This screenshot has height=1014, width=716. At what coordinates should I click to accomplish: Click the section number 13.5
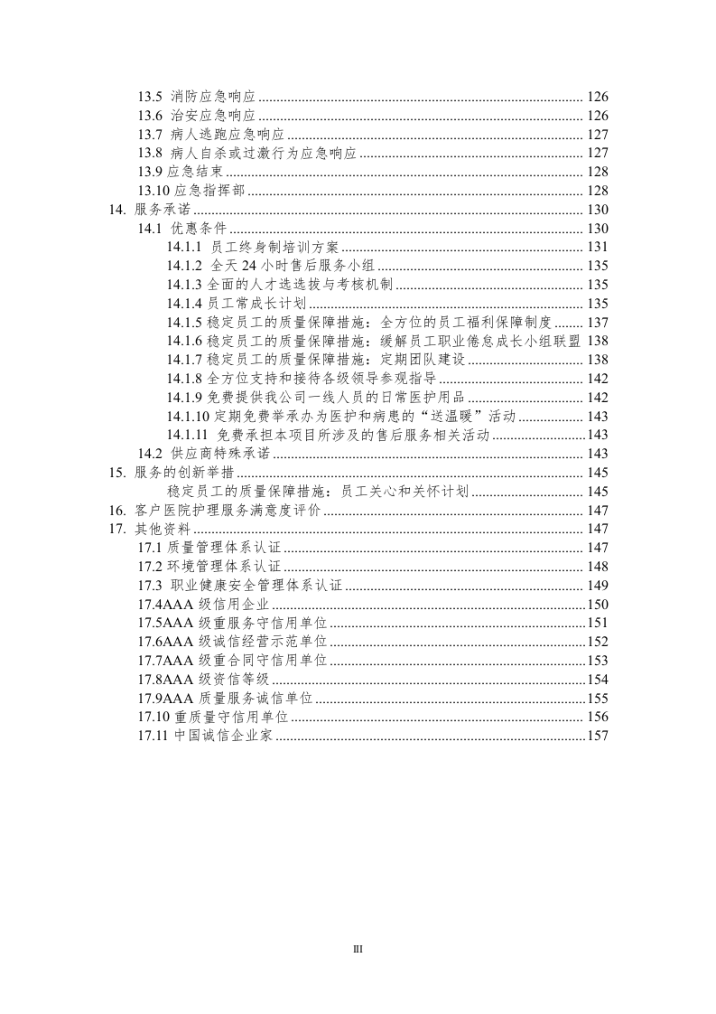[150, 97]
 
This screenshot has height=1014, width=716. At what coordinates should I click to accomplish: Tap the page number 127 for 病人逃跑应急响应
[598, 135]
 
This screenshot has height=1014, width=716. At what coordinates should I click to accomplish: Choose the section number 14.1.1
[184, 247]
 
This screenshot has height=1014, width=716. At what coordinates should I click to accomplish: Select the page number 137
[598, 322]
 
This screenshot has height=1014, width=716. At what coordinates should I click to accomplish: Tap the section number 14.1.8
[184, 378]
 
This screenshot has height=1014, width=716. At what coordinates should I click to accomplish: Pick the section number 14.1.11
[188, 435]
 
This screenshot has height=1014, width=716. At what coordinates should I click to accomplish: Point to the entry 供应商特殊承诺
[208, 454]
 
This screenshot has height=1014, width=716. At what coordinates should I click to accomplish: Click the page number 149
[598, 586]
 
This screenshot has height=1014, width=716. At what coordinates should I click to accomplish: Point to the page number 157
[598, 736]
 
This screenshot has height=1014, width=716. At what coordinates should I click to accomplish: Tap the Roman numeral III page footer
[358, 949]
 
